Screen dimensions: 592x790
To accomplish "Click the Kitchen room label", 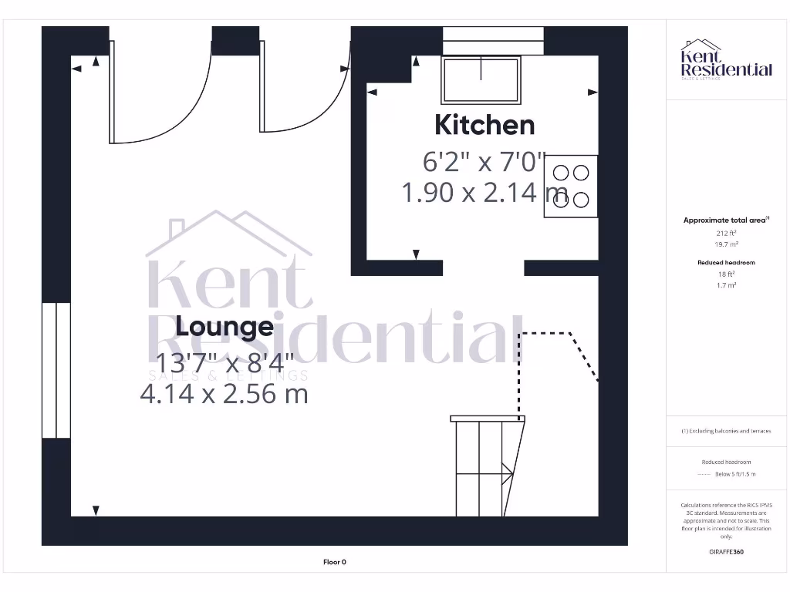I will tap(484, 125).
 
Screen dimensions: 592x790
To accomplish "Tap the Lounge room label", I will tap(225, 327).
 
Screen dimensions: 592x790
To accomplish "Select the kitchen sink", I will tap(481, 79).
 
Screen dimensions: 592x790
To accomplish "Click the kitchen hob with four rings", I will tap(571, 187).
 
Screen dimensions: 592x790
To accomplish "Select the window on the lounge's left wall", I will tap(56, 370).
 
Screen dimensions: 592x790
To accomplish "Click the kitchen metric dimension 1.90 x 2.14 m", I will tap(484, 192).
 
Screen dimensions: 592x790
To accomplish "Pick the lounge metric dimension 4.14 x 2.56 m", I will tap(224, 394).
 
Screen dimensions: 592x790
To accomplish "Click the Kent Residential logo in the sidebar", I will tap(726, 60).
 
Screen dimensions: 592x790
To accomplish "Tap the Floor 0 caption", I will tap(335, 562).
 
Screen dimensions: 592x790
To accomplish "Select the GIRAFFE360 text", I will tap(726, 552).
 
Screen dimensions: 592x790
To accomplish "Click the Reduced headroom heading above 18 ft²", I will tap(726, 263).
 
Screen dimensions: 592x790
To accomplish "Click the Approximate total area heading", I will tap(725, 220).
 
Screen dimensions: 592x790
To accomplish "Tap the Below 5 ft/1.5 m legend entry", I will tap(735, 474).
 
